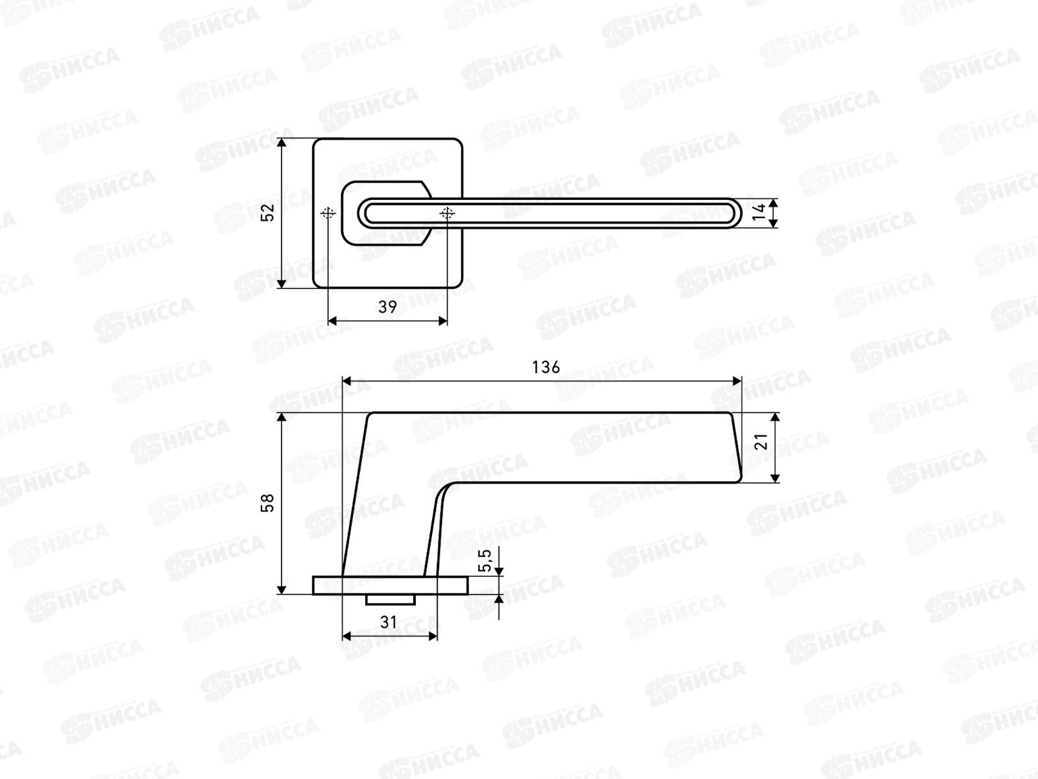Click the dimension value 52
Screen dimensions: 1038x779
tap(268, 212)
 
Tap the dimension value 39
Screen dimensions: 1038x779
tap(387, 307)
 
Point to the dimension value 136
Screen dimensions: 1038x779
tap(546, 367)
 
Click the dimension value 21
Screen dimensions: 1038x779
tap(760, 441)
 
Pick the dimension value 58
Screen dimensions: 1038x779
tap(268, 502)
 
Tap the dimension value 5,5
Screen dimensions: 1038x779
tap(485, 560)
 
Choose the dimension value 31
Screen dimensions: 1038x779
tap(388, 623)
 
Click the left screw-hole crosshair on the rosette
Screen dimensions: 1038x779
tap(328, 214)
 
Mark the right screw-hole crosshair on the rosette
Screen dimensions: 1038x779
tap(447, 214)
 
